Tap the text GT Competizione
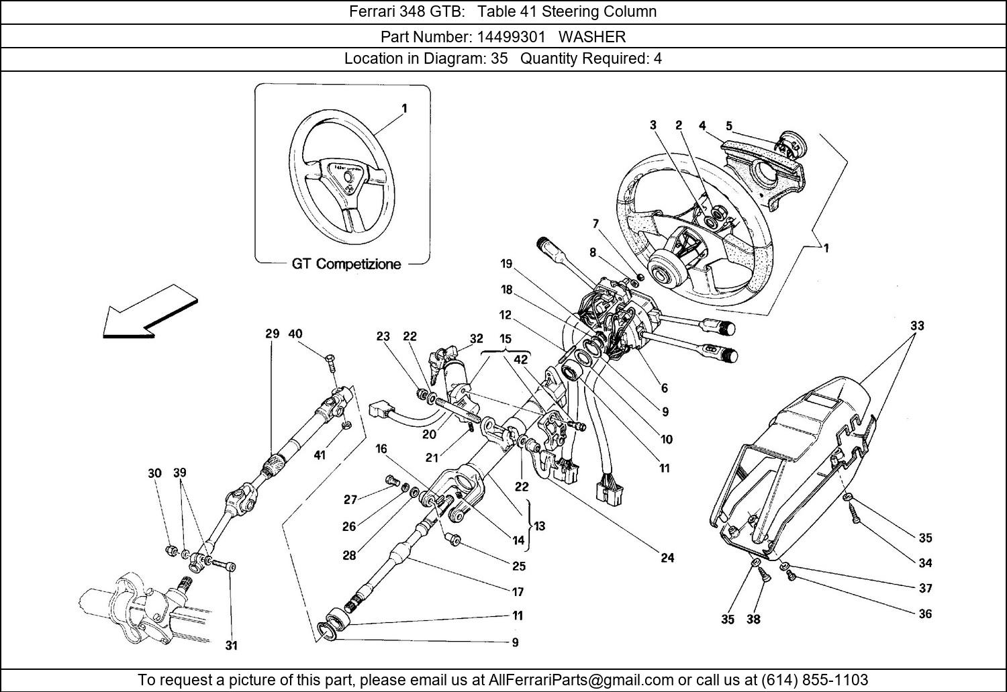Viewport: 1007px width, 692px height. coord(346,264)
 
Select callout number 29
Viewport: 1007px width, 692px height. coord(271,334)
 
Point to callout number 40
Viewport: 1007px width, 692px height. coord(295,334)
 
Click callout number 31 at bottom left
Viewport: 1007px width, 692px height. coord(231,646)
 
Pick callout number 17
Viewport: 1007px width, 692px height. coord(518,592)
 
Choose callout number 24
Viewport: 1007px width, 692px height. coord(667,558)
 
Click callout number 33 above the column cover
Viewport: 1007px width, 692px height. coord(917,326)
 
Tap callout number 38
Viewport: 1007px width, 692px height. coord(753,619)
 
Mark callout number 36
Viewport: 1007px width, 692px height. coord(925,613)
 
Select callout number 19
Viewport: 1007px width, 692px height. coord(506,264)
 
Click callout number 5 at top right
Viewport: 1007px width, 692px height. coord(729,126)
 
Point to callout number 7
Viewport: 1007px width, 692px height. coord(595,223)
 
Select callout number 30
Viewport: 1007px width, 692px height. coord(154,473)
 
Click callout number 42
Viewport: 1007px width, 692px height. coord(520,360)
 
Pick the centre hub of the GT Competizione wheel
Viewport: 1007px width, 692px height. coord(348,175)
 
